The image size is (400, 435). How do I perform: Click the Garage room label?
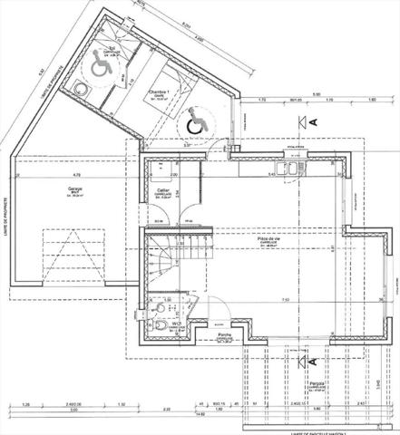click(x=75, y=190)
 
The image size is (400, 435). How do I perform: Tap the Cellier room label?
click(x=164, y=190)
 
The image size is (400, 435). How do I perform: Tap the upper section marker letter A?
click(x=313, y=121)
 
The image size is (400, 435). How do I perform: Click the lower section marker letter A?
click(x=313, y=362)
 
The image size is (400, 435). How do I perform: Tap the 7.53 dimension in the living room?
click(x=286, y=299)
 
